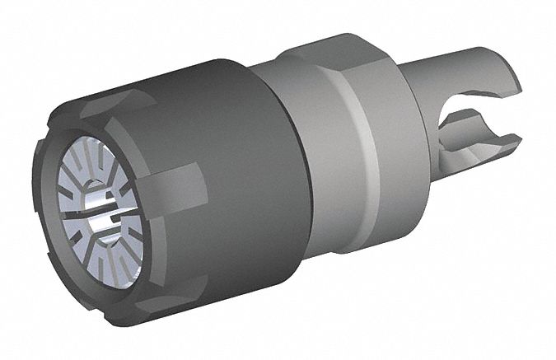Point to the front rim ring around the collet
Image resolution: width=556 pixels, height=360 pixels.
click(x=58, y=239)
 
